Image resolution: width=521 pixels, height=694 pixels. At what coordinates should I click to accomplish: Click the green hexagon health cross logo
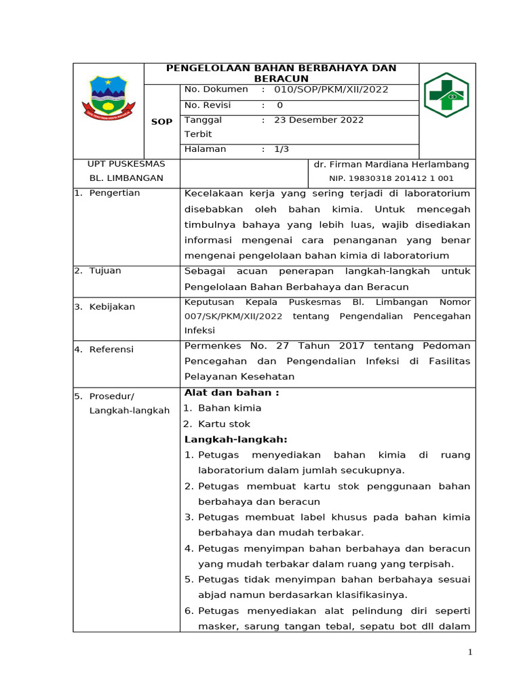pos(446,96)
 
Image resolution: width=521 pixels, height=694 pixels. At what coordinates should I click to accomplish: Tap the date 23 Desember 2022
pos(319,120)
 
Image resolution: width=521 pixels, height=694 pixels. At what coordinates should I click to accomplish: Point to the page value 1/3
pos(282,149)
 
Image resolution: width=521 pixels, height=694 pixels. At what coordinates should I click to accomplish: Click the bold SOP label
pos(161,121)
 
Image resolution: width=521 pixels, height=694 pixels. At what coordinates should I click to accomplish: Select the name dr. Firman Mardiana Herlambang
pos(391,165)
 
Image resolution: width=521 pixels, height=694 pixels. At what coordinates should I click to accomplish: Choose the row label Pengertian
pos(114,193)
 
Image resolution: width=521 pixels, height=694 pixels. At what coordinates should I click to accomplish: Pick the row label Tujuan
pos(105,271)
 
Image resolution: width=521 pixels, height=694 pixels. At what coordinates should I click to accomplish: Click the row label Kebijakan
pos(112,307)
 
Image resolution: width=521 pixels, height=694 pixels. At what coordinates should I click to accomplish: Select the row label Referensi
pos(111,350)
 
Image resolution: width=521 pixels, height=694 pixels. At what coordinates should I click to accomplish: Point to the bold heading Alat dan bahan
pos(231,393)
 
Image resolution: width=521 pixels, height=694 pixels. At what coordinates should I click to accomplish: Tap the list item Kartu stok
pos(224,424)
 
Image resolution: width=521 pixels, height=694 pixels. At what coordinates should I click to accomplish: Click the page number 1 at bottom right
pos(469,652)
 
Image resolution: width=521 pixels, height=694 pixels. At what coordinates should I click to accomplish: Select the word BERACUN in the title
pos(282,79)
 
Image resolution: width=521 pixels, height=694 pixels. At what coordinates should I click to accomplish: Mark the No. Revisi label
pos(208,105)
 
